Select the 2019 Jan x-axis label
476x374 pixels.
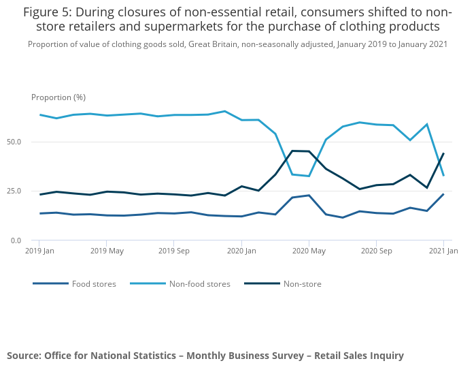(39, 251)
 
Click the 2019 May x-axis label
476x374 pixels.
(107, 251)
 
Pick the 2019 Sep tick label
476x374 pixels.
(173, 251)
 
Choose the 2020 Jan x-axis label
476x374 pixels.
(241, 251)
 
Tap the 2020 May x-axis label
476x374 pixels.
(309, 251)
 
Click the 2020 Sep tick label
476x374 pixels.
(376, 251)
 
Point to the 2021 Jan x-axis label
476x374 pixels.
(443, 251)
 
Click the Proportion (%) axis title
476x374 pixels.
(58, 97)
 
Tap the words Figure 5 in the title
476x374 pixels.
(50, 12)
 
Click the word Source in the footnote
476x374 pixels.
(24, 356)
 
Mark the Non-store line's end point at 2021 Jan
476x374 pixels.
(443, 153)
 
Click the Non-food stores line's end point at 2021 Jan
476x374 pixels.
(443, 176)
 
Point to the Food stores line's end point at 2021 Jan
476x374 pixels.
(443, 194)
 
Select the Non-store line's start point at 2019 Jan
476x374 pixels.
(39, 194)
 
